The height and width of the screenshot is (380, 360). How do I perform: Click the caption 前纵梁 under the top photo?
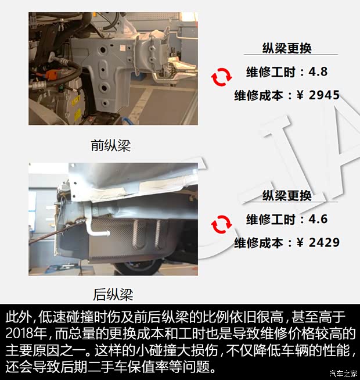(111, 145)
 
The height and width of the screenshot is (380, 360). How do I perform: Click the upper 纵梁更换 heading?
(287, 49)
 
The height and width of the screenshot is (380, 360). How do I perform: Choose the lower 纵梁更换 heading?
(287, 196)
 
